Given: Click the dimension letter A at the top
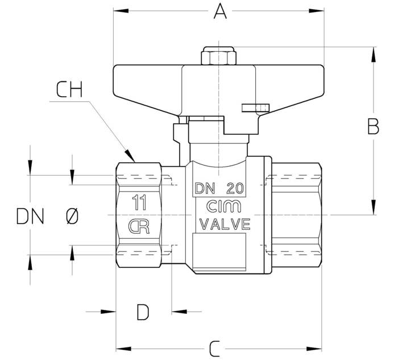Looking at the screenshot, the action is point(220,11).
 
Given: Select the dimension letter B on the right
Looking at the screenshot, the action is point(373,126).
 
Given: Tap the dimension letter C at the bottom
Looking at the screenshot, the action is point(214,349).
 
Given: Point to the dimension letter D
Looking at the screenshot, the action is point(143,312).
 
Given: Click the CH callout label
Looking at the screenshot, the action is point(69,89).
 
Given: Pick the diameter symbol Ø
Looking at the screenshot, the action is point(72,216).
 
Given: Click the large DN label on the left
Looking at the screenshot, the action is point(30,216).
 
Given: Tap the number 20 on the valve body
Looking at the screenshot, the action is point(235,188).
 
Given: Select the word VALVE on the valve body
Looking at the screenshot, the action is point(225,224).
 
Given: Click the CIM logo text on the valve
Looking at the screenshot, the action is point(223,206).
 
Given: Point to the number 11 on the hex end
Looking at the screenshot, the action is point(139,202).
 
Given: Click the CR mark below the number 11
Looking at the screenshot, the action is point(139,226).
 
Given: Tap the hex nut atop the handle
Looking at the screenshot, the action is point(219,56).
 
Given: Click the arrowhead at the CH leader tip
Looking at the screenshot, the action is point(130,156).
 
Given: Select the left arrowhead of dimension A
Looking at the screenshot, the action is point(121,11).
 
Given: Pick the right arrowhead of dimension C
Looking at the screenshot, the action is point(314,349).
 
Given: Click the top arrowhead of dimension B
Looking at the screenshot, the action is point(374,55).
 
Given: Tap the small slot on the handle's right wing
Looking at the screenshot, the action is point(256,107).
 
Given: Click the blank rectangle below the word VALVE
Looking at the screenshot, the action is point(219,253).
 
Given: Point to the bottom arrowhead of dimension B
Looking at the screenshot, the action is point(374,207).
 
